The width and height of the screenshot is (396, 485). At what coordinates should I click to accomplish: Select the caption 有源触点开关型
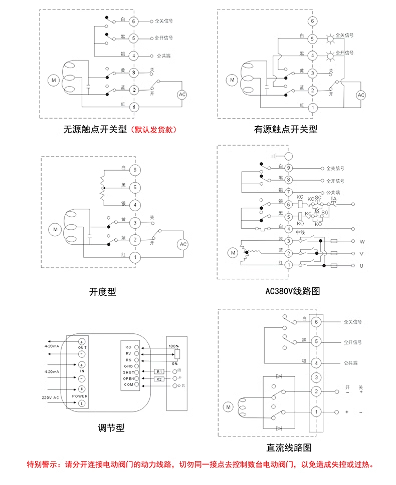(286, 130)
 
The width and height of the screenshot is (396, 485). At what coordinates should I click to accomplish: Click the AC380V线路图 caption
(292, 291)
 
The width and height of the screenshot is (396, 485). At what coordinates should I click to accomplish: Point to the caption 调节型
(110, 428)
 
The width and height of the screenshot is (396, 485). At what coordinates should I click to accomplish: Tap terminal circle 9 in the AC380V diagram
(289, 168)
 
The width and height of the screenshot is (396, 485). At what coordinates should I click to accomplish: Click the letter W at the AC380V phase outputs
(361, 241)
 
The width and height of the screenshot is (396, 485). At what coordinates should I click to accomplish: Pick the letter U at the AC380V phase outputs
(361, 265)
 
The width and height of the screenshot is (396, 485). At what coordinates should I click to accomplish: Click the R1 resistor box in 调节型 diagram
(159, 372)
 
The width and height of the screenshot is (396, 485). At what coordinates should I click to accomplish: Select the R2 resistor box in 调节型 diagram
(159, 379)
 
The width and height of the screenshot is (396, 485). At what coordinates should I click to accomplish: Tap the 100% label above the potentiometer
(173, 346)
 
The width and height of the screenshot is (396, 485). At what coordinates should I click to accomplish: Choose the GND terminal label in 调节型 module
(128, 366)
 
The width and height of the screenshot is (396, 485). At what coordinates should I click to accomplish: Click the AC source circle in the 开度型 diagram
(183, 244)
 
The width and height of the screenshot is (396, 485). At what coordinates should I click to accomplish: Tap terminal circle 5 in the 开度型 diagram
(134, 187)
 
